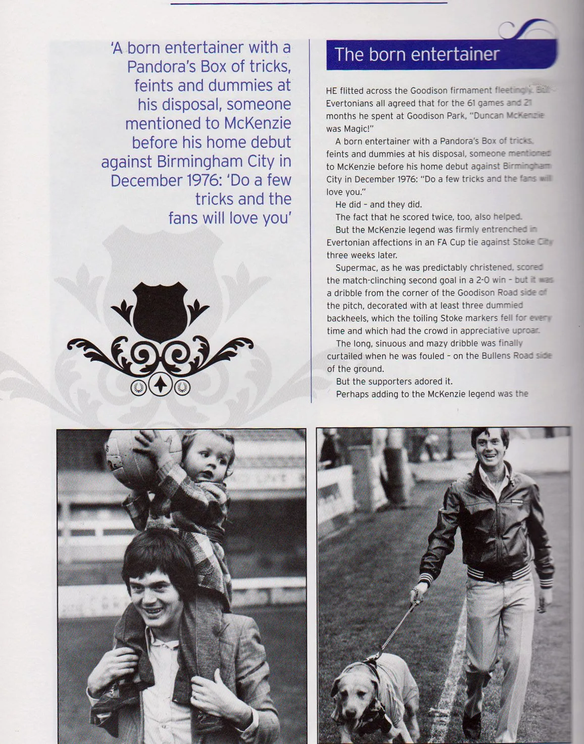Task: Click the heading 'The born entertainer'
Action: coord(417,54)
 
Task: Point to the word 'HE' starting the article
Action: coord(331,91)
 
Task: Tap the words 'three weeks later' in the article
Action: coord(361,255)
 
